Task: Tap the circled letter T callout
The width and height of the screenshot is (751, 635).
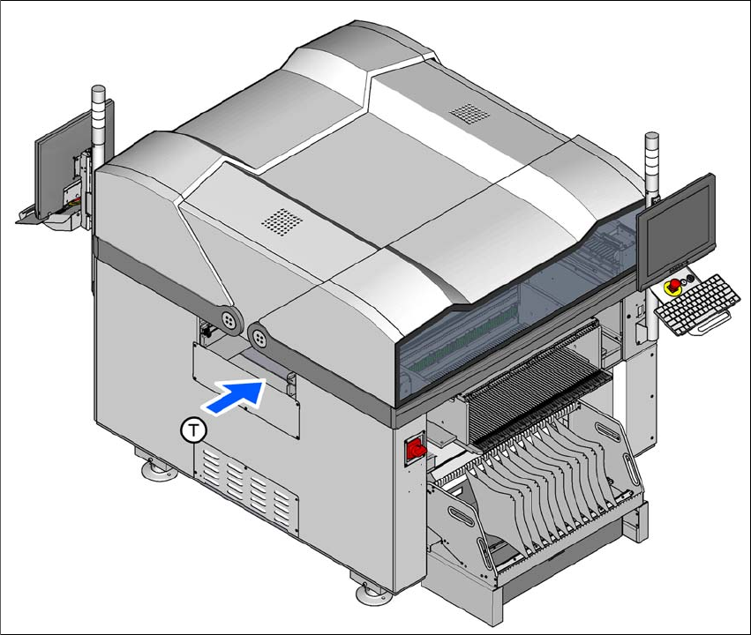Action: tap(193, 430)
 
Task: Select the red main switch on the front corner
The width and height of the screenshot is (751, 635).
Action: tap(416, 449)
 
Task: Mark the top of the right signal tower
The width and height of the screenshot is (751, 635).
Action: tap(652, 138)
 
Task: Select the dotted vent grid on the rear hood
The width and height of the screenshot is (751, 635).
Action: tap(469, 114)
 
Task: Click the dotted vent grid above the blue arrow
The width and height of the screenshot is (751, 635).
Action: tap(282, 222)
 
